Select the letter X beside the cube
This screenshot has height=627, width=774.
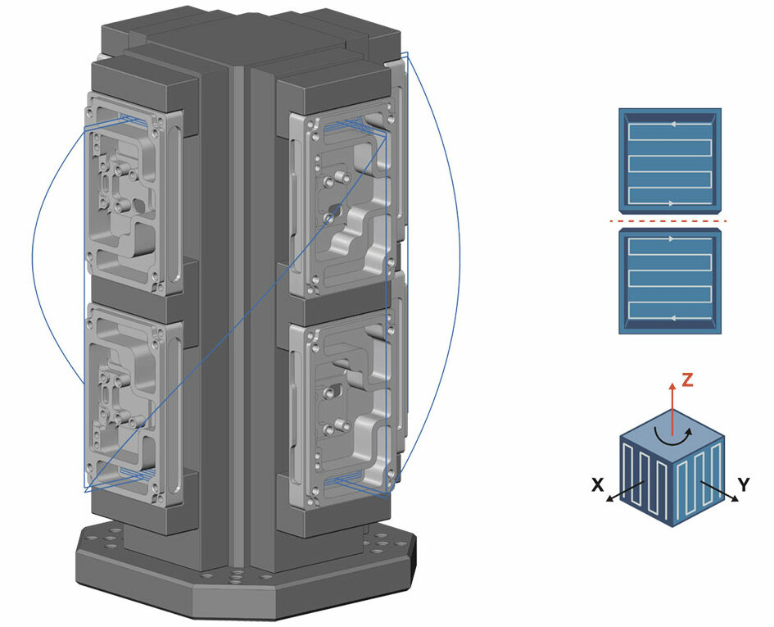click(x=598, y=485)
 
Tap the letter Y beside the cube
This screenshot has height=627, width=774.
click(x=744, y=485)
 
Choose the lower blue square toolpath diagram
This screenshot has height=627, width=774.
click(x=670, y=281)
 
